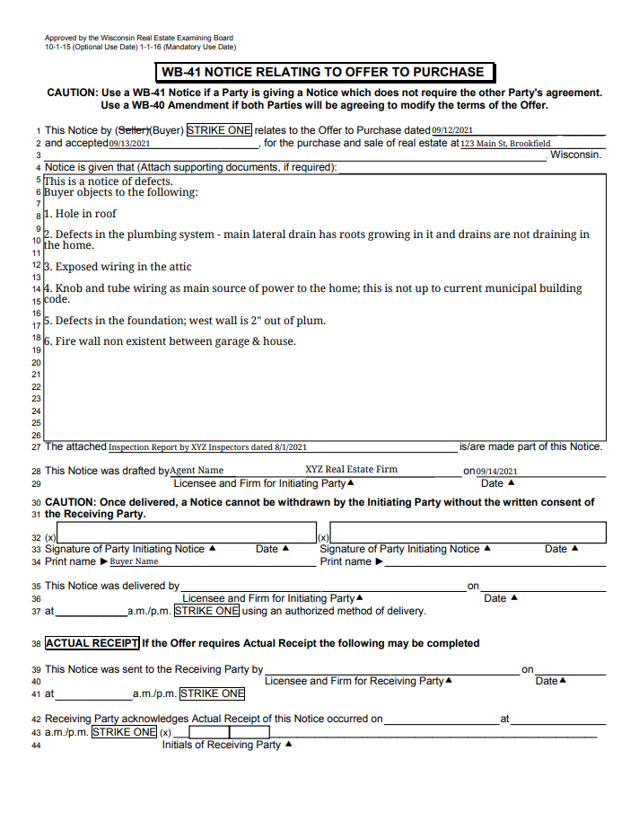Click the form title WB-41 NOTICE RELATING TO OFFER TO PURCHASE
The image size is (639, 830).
[x=323, y=72]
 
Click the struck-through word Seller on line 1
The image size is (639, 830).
[x=132, y=130]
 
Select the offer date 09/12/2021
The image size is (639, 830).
[x=452, y=130]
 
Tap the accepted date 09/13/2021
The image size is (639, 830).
[x=129, y=144]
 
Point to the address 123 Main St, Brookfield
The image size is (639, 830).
[x=505, y=144]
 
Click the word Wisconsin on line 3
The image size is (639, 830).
[x=575, y=155]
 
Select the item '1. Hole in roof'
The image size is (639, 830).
[x=81, y=214]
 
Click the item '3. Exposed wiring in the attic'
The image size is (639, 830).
[x=118, y=267]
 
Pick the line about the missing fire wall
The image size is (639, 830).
[x=170, y=341]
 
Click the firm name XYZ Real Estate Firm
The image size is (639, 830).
[x=351, y=469]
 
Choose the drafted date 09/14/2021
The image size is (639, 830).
[x=497, y=471]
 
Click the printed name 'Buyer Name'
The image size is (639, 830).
[x=134, y=561]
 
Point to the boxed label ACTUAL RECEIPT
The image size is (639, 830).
[x=92, y=643]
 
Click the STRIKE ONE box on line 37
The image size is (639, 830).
[x=206, y=611]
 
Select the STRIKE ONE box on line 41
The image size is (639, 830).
[x=212, y=693]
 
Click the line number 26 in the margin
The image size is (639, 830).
[x=37, y=435]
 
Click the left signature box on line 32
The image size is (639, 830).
[x=179, y=534]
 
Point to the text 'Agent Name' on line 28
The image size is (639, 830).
[x=197, y=470]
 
